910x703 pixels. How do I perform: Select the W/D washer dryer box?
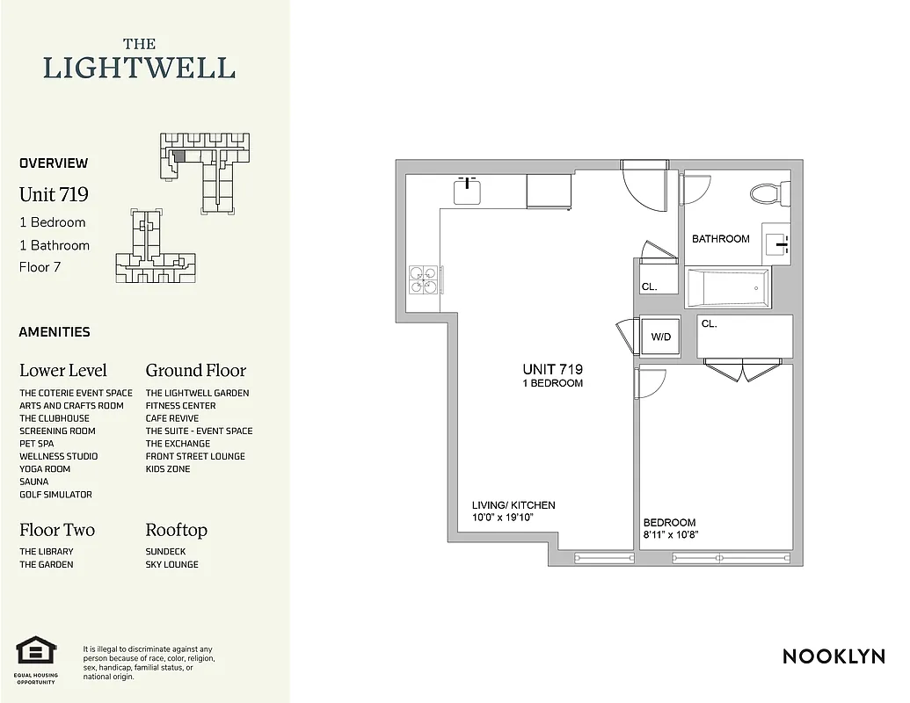(x=659, y=337)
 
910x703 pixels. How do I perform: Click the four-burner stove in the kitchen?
(x=424, y=280)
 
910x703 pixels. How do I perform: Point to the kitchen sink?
(x=466, y=190)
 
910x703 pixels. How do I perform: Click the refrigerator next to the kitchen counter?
(x=550, y=192)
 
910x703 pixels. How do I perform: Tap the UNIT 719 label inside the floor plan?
(x=552, y=370)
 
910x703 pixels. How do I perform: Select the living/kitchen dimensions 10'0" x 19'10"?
(x=503, y=518)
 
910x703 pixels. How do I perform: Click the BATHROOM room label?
(x=720, y=239)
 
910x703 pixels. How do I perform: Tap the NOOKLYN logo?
(x=834, y=656)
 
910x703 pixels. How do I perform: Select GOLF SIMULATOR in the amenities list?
(x=55, y=495)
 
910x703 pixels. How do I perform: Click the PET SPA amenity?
(x=38, y=444)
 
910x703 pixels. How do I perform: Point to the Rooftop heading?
(x=176, y=530)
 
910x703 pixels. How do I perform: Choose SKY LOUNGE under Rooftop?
(x=171, y=564)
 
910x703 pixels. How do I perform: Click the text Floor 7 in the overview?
(x=40, y=267)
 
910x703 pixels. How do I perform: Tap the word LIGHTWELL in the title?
(x=139, y=68)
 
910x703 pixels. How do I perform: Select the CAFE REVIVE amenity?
(x=172, y=418)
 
